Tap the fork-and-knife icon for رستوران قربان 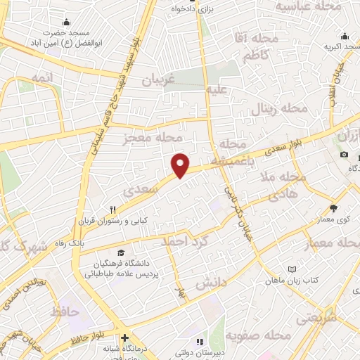[x=112, y=209]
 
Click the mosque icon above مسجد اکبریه [x=345, y=37]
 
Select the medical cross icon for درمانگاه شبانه [x=124, y=337]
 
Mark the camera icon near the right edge [x=344, y=154]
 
